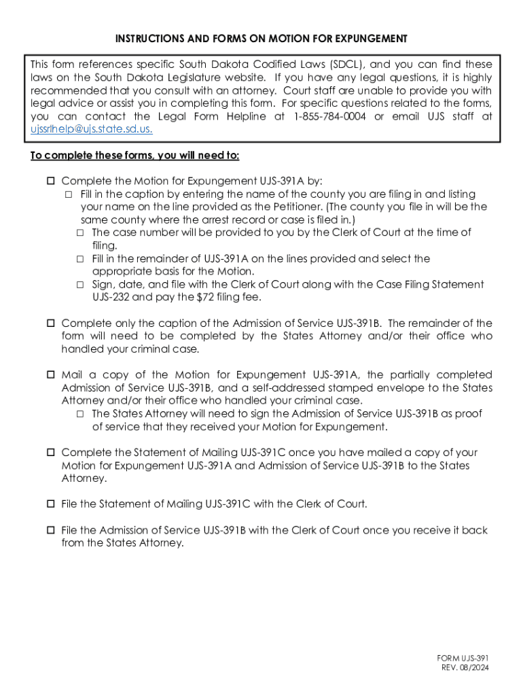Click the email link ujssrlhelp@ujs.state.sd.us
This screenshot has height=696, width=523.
coord(92,129)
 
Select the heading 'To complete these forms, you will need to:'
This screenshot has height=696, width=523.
coord(135,156)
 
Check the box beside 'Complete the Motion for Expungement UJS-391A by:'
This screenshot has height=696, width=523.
coord(51,181)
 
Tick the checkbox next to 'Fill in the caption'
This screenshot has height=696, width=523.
coord(69,194)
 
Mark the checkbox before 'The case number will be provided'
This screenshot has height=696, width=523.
coord(80,233)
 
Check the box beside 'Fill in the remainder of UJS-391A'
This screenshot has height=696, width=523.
coord(80,259)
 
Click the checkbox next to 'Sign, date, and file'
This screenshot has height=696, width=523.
coord(80,285)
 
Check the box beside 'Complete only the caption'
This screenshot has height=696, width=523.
coord(51,324)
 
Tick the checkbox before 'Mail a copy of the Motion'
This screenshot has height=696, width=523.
coord(51,375)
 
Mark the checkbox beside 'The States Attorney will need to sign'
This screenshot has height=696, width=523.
coord(80,414)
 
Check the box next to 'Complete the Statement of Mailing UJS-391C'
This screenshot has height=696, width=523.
coord(51,453)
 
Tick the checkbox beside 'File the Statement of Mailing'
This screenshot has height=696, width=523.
coord(51,504)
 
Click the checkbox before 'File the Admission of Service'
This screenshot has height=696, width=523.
coord(51,530)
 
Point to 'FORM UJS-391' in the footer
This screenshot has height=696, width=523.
coord(463,659)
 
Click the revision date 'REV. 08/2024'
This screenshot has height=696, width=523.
coord(465,668)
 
